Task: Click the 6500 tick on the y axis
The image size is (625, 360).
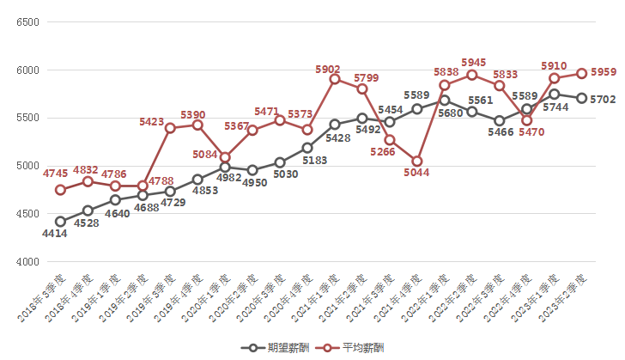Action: pos(28,21)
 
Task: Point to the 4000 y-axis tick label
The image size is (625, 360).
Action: pos(28,262)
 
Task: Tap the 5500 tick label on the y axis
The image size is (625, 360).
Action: pos(28,118)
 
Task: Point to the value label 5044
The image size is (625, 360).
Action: pos(416,173)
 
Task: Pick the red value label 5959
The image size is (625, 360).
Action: pos(604,72)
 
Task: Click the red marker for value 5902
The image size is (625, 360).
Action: pos(335,79)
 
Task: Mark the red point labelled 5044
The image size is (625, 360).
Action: pos(417,161)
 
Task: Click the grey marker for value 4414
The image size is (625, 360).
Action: pos(60,222)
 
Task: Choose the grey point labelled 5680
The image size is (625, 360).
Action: pos(445,101)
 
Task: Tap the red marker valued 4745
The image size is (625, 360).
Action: pos(60,190)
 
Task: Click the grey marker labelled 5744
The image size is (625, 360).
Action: pos(555,95)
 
